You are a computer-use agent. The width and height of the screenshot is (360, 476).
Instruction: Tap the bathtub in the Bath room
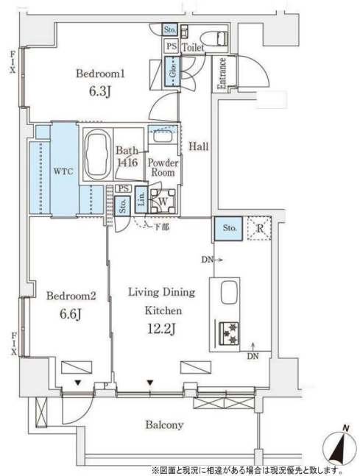[x=97, y=154]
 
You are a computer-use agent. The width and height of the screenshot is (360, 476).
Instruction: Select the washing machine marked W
[x=163, y=201]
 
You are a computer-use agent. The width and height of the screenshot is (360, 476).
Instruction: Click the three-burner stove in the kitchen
[x=228, y=333]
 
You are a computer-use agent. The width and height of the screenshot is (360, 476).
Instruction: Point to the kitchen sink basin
[x=229, y=292]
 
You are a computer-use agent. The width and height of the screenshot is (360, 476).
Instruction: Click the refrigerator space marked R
[x=259, y=228]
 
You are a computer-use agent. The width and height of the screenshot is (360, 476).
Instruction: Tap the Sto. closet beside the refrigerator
[x=228, y=229]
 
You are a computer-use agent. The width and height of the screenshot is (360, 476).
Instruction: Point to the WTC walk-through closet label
[x=63, y=171]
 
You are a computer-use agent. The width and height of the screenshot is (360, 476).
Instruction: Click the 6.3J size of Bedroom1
[x=99, y=91]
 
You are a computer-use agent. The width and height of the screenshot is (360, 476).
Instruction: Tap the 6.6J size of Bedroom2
[x=70, y=314]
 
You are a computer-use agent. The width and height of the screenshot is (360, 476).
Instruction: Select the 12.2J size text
[x=161, y=329]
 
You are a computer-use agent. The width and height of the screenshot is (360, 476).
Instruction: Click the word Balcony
[x=164, y=425]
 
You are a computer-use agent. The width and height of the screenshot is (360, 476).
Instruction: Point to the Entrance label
[x=222, y=74]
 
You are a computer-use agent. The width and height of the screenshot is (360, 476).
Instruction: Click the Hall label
[x=199, y=146]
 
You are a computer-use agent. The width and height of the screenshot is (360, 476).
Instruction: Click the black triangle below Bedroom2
[x=78, y=383]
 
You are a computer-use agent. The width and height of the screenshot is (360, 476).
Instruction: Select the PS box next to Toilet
[x=172, y=46]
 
